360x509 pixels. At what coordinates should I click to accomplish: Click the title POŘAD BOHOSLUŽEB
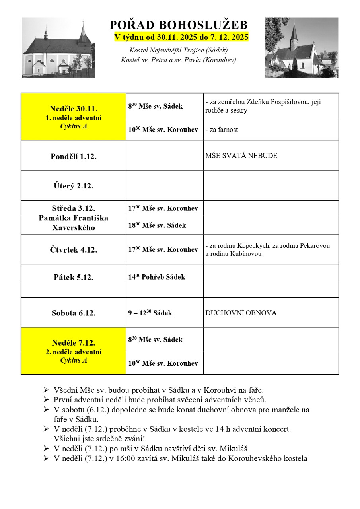(x=179, y=25)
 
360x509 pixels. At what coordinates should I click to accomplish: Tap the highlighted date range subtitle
(x=181, y=37)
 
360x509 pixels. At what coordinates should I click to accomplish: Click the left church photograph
(x=58, y=48)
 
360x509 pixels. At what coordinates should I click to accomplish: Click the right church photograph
(x=302, y=48)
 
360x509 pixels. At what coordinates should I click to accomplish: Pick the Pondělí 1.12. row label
(x=74, y=156)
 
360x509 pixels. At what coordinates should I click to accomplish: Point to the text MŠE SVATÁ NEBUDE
(x=241, y=156)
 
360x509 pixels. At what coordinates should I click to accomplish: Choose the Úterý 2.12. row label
(x=74, y=186)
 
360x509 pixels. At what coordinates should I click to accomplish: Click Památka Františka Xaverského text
(x=74, y=223)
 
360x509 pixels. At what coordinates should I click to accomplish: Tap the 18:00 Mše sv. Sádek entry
(x=157, y=225)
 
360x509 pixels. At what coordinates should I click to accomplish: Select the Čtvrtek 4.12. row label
(x=74, y=250)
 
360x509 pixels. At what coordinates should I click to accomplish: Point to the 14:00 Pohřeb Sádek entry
(x=157, y=277)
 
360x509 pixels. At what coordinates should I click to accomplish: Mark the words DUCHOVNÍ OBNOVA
(x=241, y=313)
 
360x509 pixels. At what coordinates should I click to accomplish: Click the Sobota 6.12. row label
(x=74, y=313)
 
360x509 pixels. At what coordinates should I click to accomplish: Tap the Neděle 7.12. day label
(x=74, y=343)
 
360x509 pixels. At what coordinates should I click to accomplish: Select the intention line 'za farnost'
(x=222, y=130)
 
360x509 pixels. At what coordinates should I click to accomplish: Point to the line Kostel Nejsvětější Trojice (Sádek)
(x=179, y=50)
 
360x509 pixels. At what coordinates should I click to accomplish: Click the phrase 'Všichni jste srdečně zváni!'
(x=99, y=439)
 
